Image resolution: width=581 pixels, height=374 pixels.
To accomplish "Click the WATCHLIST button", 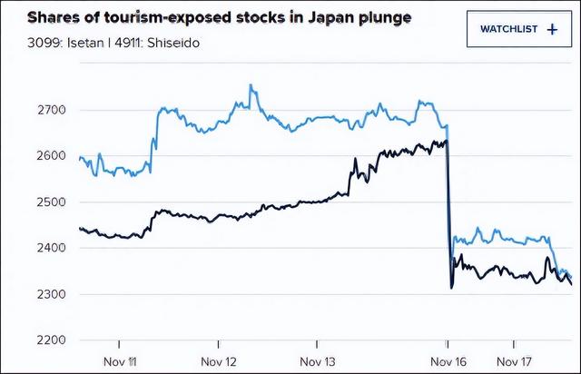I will click(x=518, y=29).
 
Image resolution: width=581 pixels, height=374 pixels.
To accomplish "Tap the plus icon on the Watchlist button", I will click(x=553, y=29).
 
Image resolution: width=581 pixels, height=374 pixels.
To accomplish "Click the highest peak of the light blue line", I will click(x=251, y=86).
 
